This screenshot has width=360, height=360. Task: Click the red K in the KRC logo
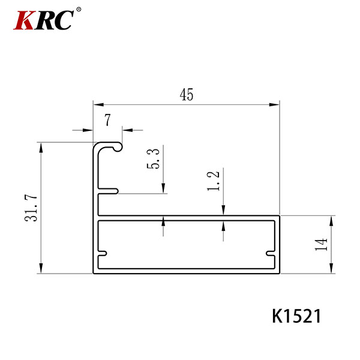[x=25, y=20]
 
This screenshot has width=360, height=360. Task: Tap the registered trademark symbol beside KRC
[x=79, y=10]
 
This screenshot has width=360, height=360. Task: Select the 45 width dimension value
[x=187, y=95]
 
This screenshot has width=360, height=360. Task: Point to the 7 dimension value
[x=107, y=120]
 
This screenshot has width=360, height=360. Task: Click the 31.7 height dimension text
[x=31, y=208]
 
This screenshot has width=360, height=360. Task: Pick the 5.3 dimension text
[x=153, y=159]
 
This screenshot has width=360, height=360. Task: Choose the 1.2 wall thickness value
[x=213, y=181]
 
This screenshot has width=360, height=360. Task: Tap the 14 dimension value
[x=321, y=245]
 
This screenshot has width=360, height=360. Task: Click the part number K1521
[x=296, y=316]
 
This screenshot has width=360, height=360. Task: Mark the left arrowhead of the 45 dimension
[x=98, y=104]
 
